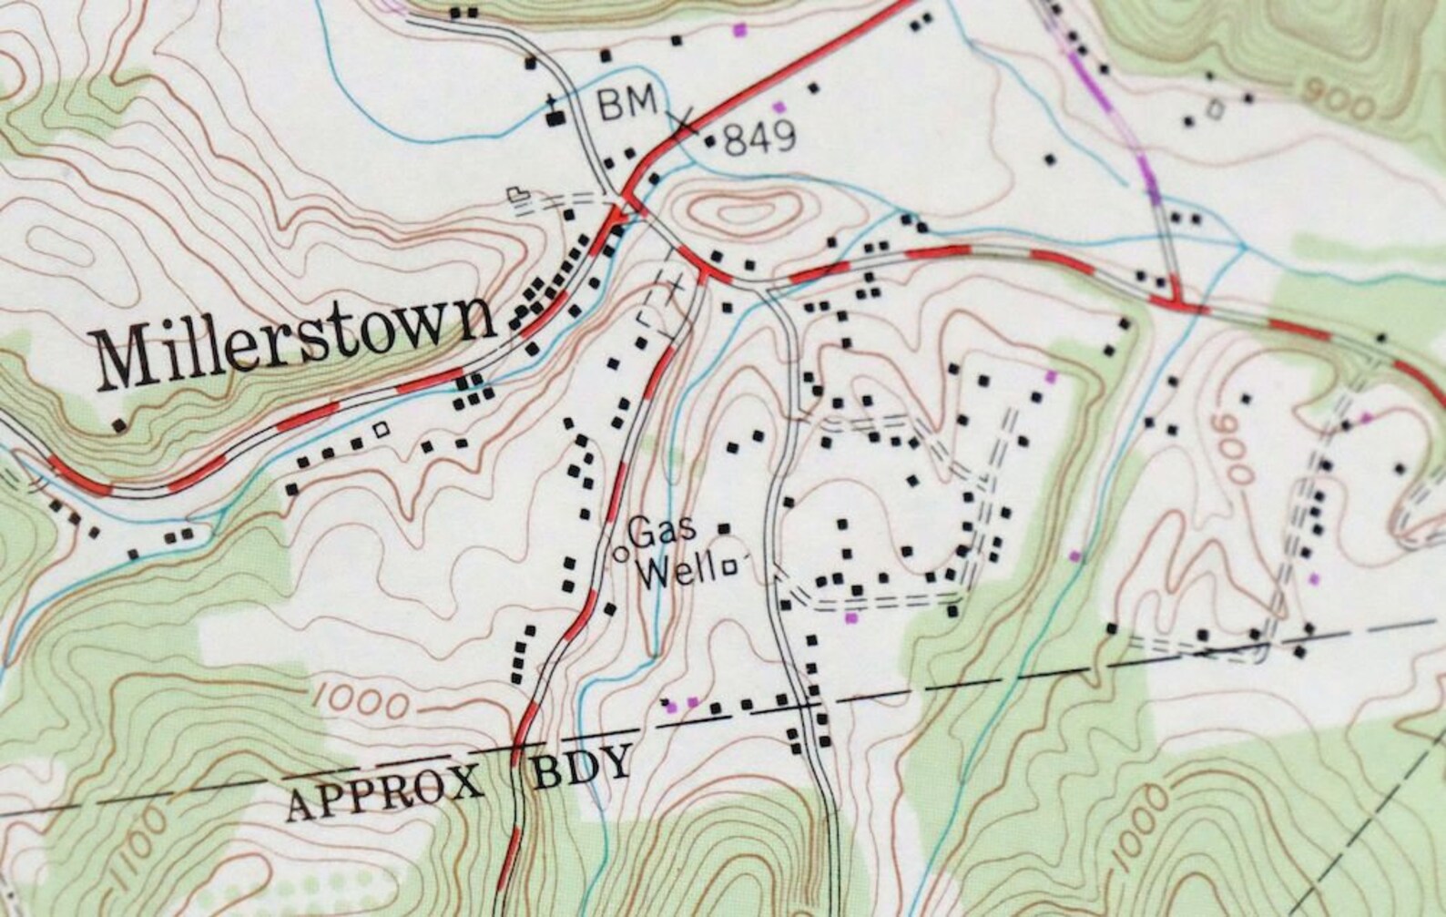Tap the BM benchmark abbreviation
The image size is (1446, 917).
click(626, 103)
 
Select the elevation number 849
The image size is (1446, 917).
click(760, 138)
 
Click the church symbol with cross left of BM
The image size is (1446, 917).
click(552, 115)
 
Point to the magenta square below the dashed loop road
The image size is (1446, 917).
click(851, 617)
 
